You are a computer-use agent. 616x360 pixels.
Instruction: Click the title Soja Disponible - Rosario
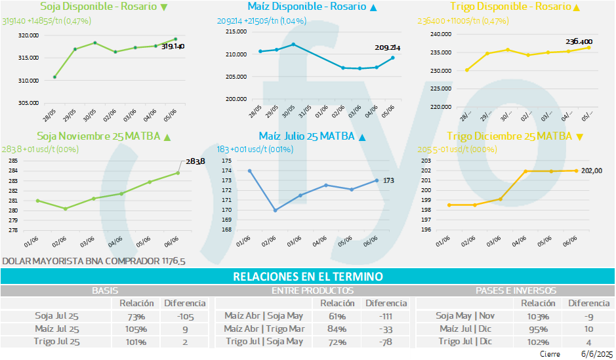click(98, 7)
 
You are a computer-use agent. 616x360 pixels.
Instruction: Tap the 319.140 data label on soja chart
click(173, 47)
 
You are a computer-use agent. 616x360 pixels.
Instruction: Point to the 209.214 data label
click(388, 48)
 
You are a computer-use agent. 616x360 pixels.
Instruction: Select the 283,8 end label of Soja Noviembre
click(195, 161)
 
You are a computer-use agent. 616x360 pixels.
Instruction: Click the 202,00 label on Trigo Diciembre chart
click(593, 170)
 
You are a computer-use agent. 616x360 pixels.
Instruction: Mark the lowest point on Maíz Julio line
click(276, 210)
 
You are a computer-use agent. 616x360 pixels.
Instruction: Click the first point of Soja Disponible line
click(54, 77)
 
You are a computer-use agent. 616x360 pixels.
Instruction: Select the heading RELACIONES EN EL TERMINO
click(308, 277)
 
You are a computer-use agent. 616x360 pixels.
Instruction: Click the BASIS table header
click(104, 290)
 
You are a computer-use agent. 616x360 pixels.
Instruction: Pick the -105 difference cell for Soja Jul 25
click(184, 316)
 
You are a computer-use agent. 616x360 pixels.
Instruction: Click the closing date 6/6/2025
click(595, 353)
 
